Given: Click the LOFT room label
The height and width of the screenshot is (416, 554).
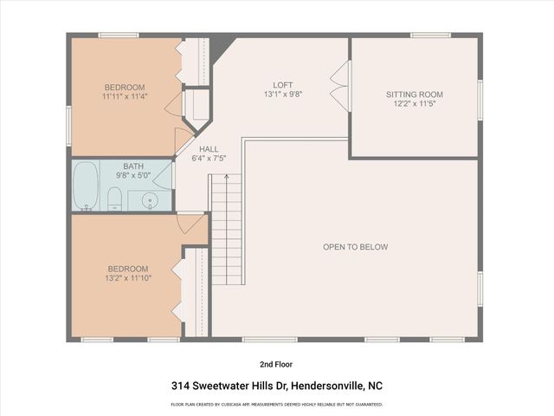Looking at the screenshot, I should (282, 85).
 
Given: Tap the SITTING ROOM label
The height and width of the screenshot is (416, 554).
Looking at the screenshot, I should (414, 94).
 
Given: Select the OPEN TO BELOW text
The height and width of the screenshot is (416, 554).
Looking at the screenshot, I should (355, 247).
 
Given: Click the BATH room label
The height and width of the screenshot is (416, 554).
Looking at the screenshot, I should (133, 166).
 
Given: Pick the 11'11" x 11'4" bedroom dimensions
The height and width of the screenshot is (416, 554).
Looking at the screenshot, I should (126, 96).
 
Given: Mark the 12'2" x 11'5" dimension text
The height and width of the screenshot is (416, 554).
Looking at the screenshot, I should (414, 104).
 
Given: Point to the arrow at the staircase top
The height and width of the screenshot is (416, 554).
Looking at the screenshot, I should (227, 177).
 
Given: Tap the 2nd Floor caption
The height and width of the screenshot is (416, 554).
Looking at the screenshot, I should (276, 364).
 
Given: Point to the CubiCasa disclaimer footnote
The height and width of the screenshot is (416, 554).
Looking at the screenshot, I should (276, 405).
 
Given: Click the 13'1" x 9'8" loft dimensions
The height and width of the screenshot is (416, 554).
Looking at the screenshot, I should (282, 94).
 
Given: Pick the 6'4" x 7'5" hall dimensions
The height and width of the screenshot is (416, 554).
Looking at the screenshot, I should (209, 158).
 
